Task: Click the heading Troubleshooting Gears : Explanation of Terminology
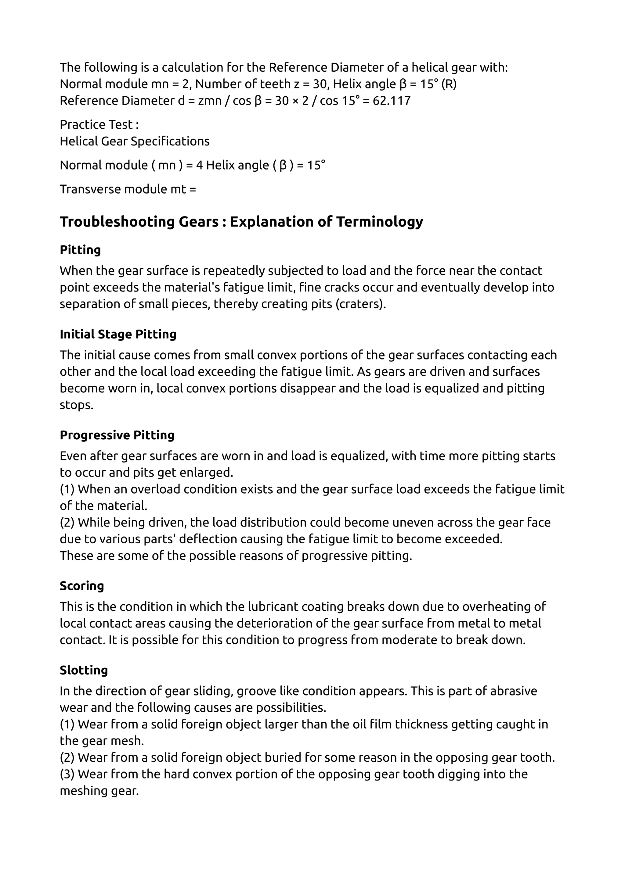(241, 222)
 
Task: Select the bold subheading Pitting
(80, 250)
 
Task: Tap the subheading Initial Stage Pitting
(118, 334)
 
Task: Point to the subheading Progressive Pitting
(117, 435)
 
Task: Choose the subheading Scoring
(81, 586)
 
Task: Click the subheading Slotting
(84, 670)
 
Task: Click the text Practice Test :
(99, 125)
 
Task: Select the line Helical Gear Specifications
(134, 141)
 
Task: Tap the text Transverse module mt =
(128, 189)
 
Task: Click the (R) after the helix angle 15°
(449, 84)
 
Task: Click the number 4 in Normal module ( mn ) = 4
(199, 165)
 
